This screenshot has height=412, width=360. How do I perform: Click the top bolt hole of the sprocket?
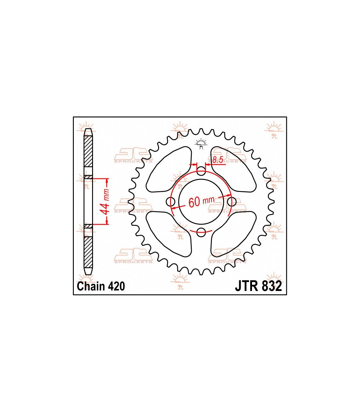coord(201,171)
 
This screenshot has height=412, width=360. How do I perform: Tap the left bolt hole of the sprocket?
coord(170,202)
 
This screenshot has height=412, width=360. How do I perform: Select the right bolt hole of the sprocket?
coord(232,202)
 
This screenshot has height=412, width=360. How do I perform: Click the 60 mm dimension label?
coord(201,201)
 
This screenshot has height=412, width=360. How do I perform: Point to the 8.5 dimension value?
coord(217,160)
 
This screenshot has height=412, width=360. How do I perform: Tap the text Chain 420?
coord(101,286)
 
